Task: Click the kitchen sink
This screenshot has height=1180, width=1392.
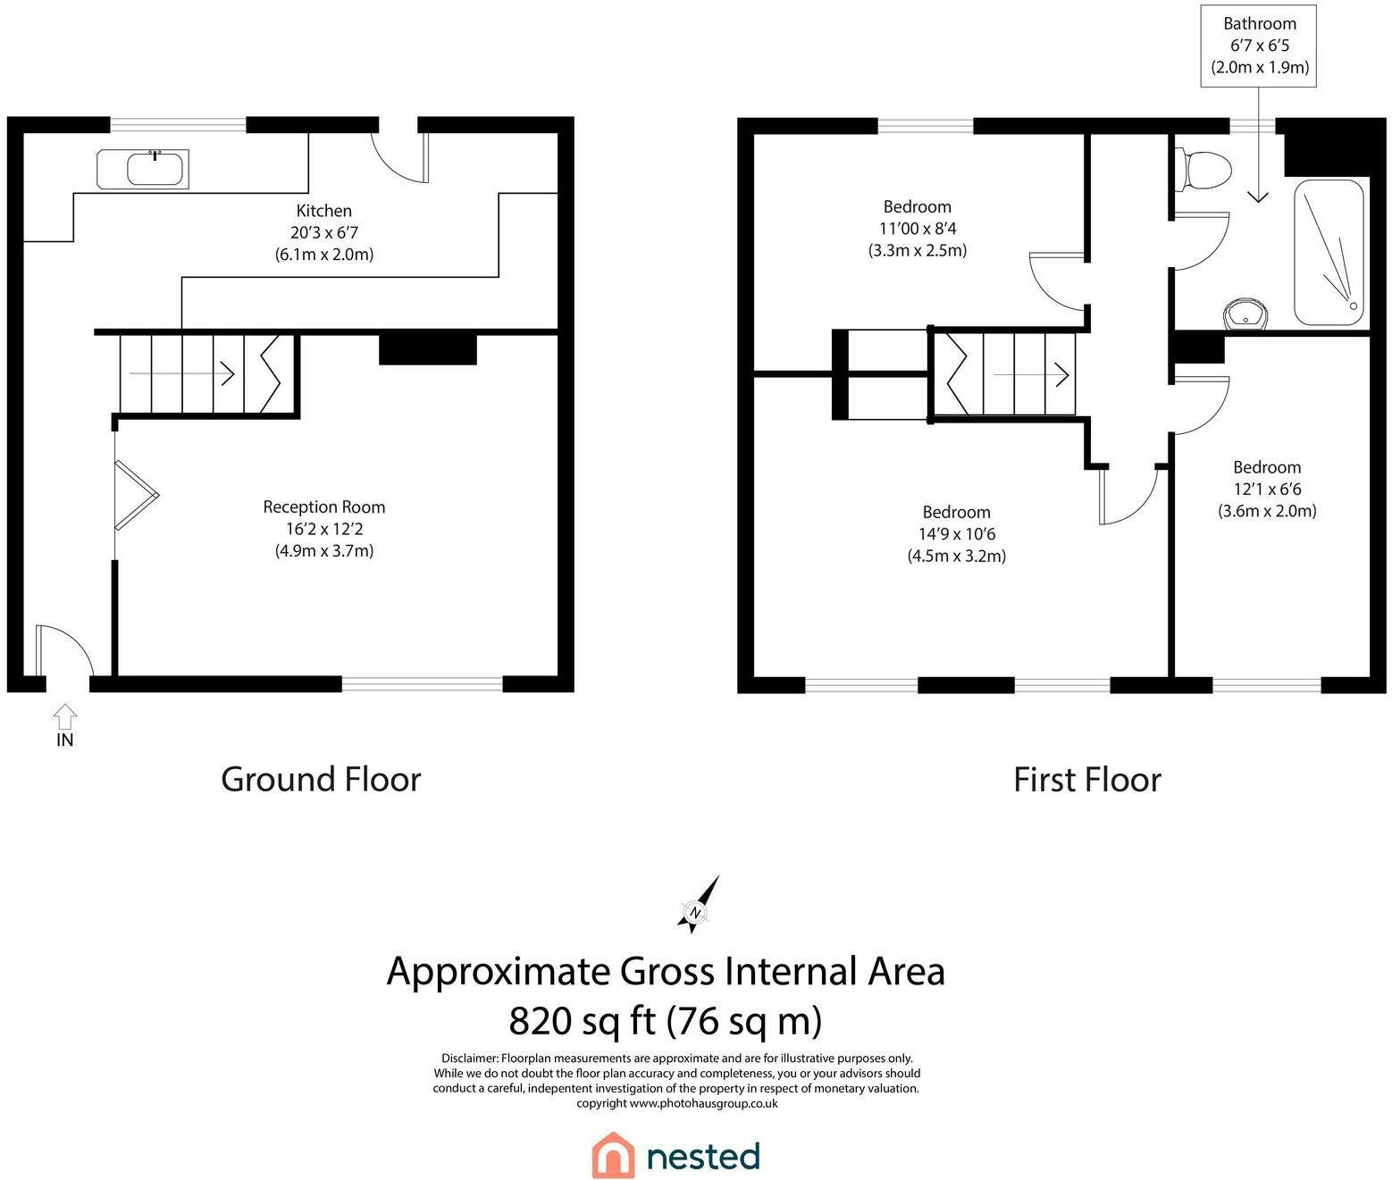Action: (x=143, y=169)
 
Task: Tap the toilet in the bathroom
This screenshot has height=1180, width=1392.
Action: (x=1203, y=169)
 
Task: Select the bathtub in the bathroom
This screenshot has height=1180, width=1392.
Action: (x=1329, y=253)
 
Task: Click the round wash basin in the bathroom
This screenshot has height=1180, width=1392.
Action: (x=1245, y=314)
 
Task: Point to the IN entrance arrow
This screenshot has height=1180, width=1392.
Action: (x=64, y=717)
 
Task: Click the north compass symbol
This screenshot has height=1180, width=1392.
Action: (x=698, y=905)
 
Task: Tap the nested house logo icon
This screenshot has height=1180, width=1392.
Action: (x=613, y=1155)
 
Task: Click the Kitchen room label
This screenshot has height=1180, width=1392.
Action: (x=324, y=211)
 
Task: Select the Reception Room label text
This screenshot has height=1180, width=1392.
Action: (x=324, y=506)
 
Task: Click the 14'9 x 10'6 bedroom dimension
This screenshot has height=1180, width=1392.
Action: (x=957, y=534)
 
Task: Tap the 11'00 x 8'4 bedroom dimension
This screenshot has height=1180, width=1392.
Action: (x=918, y=228)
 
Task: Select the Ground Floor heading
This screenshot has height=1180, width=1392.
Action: (x=321, y=780)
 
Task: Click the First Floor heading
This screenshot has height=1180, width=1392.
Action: (x=1087, y=780)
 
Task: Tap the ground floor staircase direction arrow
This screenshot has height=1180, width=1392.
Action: (x=182, y=373)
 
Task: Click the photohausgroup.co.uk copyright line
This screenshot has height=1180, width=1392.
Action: (x=677, y=1102)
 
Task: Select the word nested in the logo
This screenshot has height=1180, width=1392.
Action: (x=703, y=1157)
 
